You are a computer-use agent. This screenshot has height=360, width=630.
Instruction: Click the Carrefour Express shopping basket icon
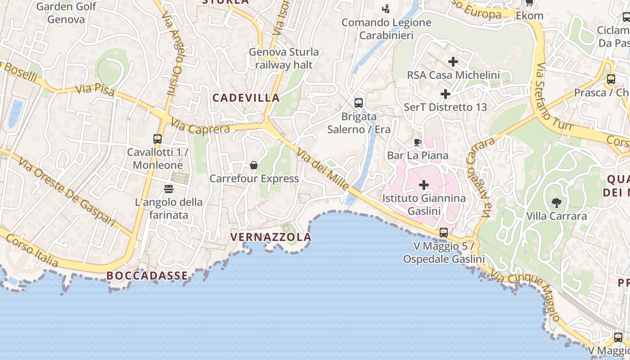(x=254, y=165)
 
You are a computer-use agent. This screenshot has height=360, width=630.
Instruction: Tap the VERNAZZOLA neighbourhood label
(x=271, y=237)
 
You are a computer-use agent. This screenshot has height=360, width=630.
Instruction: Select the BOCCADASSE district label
(x=147, y=276)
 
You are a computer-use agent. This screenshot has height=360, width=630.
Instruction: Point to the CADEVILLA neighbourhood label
(x=246, y=98)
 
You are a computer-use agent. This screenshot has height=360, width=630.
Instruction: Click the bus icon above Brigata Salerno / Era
(x=359, y=103)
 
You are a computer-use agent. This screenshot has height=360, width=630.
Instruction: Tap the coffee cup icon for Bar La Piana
(x=418, y=143)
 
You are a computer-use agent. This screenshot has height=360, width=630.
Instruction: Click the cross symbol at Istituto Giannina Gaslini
(x=424, y=185)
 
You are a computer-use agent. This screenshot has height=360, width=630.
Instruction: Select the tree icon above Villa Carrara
(x=557, y=203)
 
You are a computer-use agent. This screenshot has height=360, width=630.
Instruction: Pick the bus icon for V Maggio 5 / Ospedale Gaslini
(x=444, y=233)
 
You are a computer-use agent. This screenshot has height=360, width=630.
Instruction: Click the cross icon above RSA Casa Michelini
(x=453, y=62)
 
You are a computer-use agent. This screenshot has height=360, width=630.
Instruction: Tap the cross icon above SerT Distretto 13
(x=445, y=94)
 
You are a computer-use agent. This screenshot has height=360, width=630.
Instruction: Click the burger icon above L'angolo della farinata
(x=169, y=189)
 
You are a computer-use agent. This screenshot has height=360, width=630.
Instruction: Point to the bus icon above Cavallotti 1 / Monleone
(x=157, y=139)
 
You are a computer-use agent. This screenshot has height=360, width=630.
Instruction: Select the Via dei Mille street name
(x=323, y=169)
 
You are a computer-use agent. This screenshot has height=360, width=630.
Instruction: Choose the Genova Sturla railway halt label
(x=284, y=58)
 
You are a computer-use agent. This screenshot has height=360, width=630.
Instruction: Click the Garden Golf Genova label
(x=66, y=13)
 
